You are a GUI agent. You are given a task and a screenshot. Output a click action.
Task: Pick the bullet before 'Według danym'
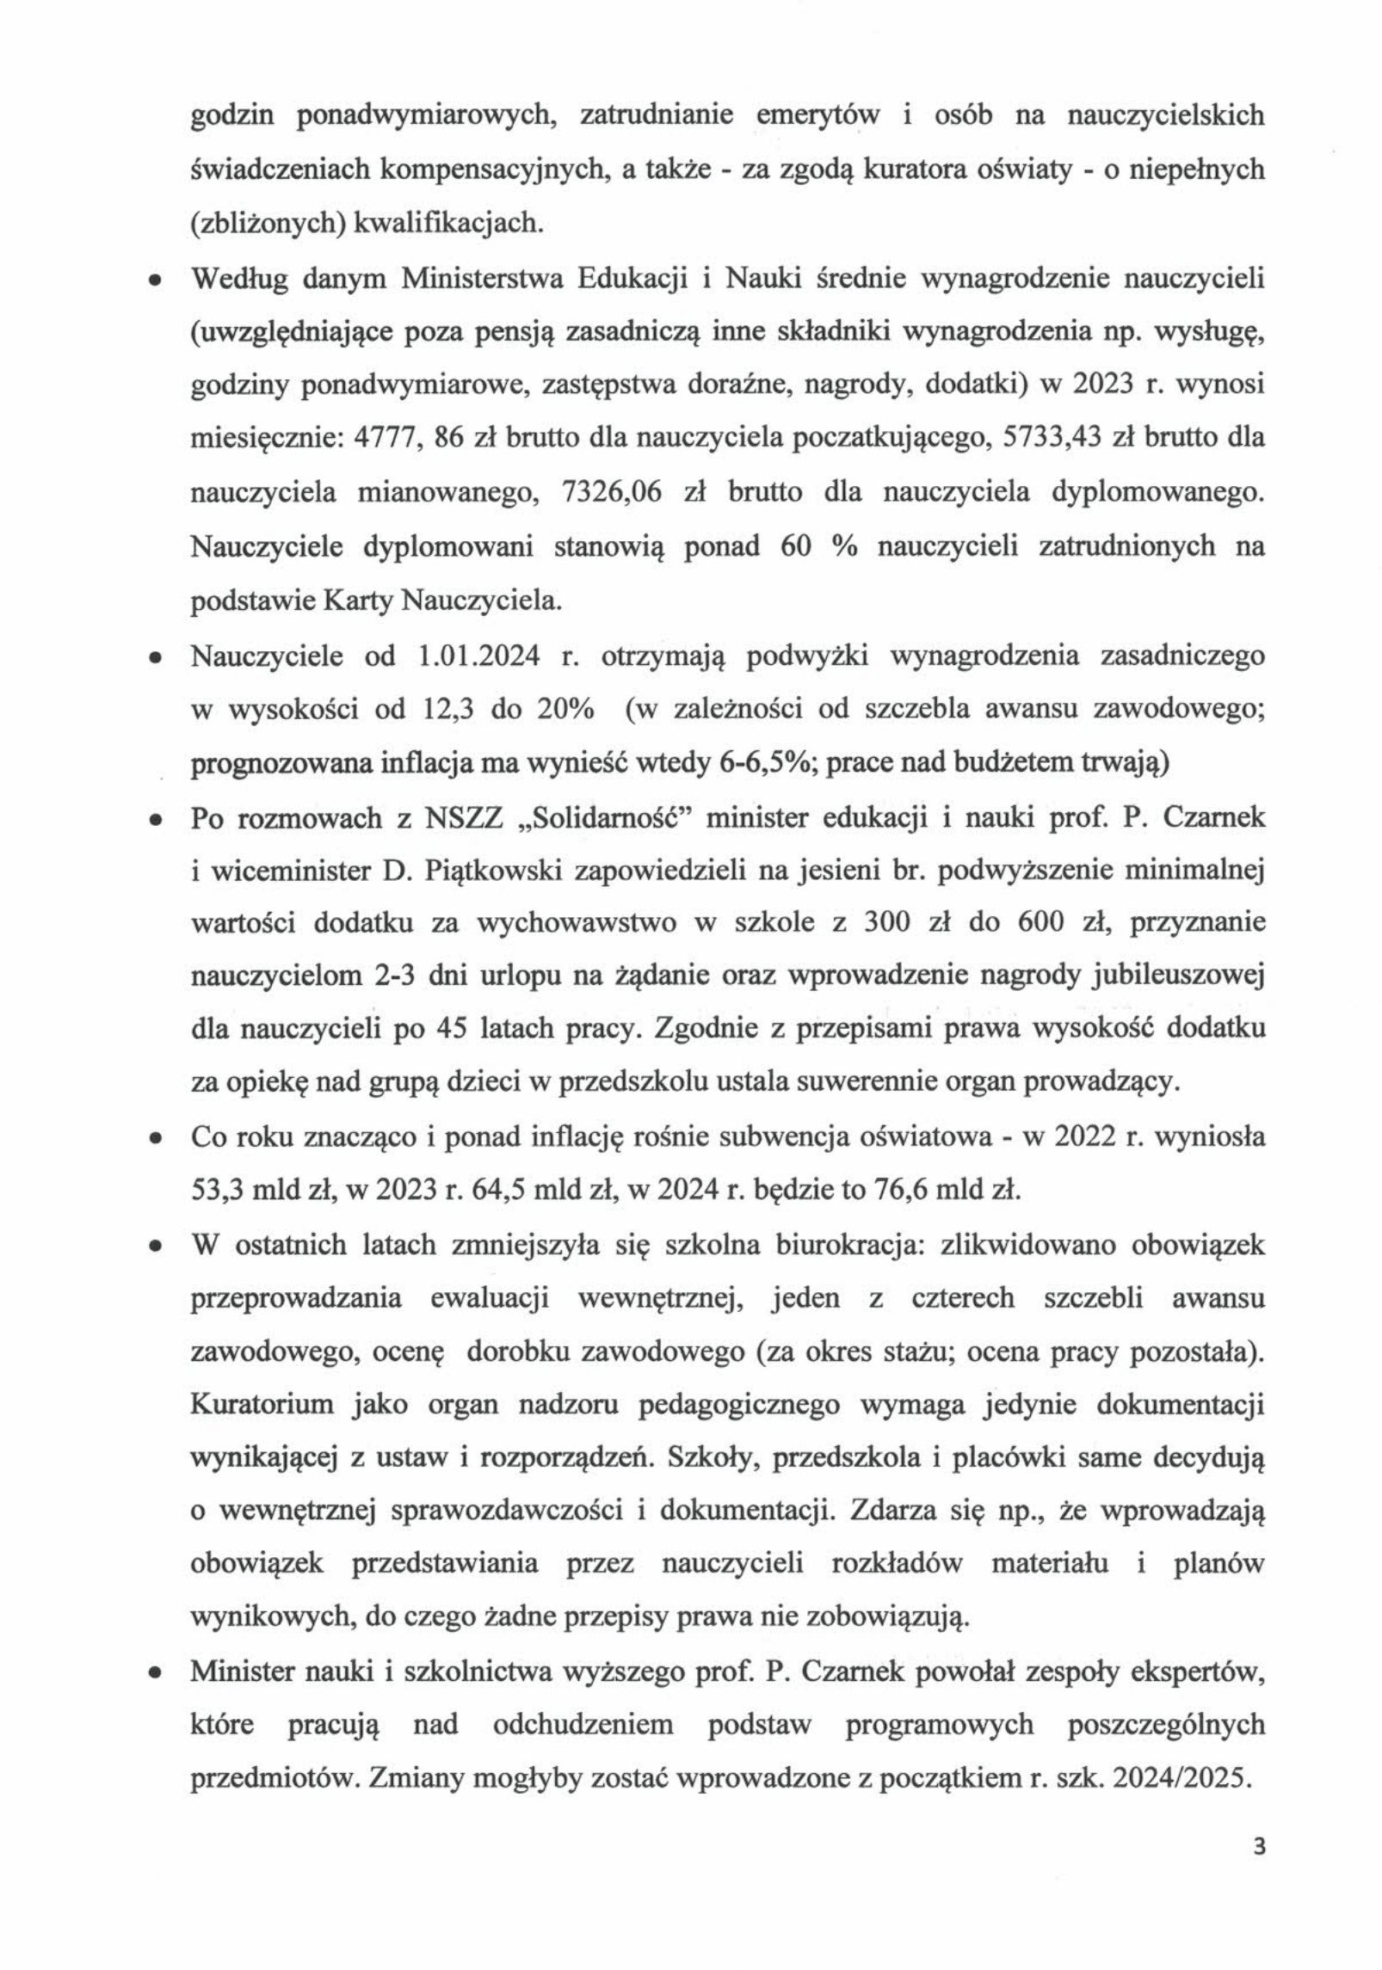coord(156,281)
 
